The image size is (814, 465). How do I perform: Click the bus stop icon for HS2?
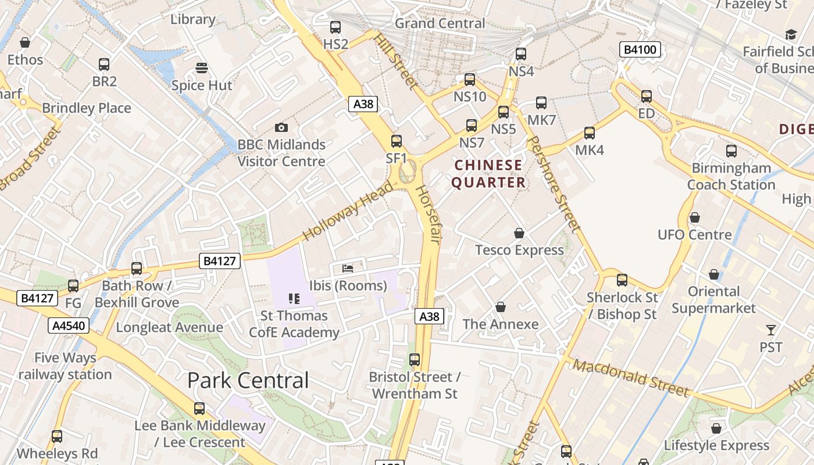pyautogui.click(x=335, y=27)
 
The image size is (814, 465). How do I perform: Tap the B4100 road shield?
pyautogui.click(x=640, y=50)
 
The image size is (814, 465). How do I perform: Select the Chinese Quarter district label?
pyautogui.click(x=488, y=174)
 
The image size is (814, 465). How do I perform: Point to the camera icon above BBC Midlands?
pyautogui.click(x=281, y=127)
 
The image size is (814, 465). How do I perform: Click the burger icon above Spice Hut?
pyautogui.click(x=202, y=68)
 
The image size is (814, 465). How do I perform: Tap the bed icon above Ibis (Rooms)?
pyautogui.click(x=348, y=268)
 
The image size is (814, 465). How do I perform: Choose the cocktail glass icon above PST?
pyautogui.click(x=771, y=330)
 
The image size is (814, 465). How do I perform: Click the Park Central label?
pyautogui.click(x=248, y=380)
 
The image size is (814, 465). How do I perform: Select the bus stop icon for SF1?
pyautogui.click(x=397, y=141)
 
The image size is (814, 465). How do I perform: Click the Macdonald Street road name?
pyautogui.click(x=631, y=377)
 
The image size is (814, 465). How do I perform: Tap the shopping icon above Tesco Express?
pyautogui.click(x=519, y=233)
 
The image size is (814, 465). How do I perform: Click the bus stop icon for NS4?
pyautogui.click(x=521, y=54)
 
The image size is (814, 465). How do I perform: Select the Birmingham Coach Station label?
pyautogui.click(x=731, y=176)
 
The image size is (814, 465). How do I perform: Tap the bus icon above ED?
pyautogui.click(x=647, y=96)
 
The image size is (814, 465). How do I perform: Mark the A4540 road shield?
pyautogui.click(x=69, y=325)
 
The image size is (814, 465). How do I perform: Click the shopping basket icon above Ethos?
pyautogui.click(x=25, y=42)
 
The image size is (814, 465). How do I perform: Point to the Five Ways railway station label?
pyautogui.click(x=65, y=366)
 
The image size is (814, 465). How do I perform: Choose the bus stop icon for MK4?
pyautogui.click(x=590, y=133)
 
